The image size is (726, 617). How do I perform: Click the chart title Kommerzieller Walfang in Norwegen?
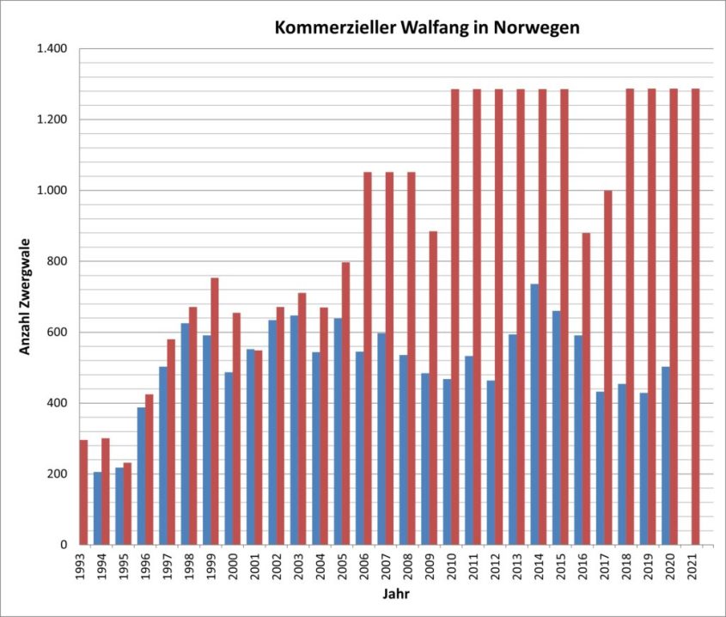tap(427, 27)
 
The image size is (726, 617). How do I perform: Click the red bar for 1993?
tap(83, 492)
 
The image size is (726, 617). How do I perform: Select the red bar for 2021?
tap(695, 316)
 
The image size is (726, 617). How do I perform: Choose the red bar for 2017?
tap(607, 367)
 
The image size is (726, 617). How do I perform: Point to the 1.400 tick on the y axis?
tap(52, 49)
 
